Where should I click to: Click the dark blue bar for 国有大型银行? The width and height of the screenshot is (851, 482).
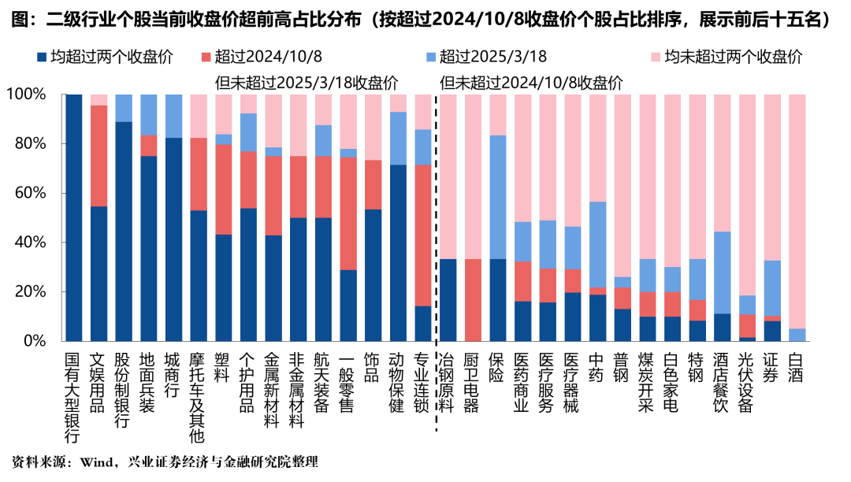[x=74, y=217]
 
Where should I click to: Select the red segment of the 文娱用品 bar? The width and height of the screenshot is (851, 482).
[x=98, y=156]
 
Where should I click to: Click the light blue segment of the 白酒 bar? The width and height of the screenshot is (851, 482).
[x=797, y=335]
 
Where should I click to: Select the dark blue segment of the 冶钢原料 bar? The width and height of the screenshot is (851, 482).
[x=448, y=300]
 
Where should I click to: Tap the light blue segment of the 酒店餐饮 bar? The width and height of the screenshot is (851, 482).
[x=722, y=273]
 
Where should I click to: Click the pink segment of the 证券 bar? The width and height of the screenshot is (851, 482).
[x=771, y=177]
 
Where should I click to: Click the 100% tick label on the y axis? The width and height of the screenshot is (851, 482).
[x=26, y=95]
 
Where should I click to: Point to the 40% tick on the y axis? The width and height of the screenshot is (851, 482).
[x=30, y=243]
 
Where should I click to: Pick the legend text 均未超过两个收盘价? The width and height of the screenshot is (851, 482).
[x=734, y=57]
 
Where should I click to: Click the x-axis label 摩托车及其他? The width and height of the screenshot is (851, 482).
[x=198, y=397]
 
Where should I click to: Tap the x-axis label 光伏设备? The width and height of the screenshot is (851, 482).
[x=746, y=382]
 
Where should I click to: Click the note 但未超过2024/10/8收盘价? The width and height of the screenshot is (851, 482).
[x=531, y=83]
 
